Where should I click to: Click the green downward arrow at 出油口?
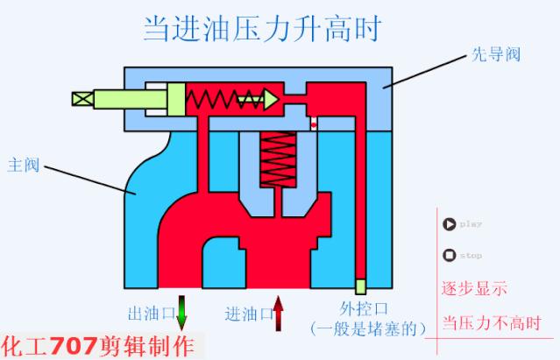182,312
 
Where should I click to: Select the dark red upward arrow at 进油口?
279,313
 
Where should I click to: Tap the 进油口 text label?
247,313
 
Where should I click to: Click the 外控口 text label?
364,308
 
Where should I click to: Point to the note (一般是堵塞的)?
367,328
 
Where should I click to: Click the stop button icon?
450,256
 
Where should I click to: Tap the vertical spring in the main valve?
279,164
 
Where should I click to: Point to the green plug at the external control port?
360,286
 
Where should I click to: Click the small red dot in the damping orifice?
313,124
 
